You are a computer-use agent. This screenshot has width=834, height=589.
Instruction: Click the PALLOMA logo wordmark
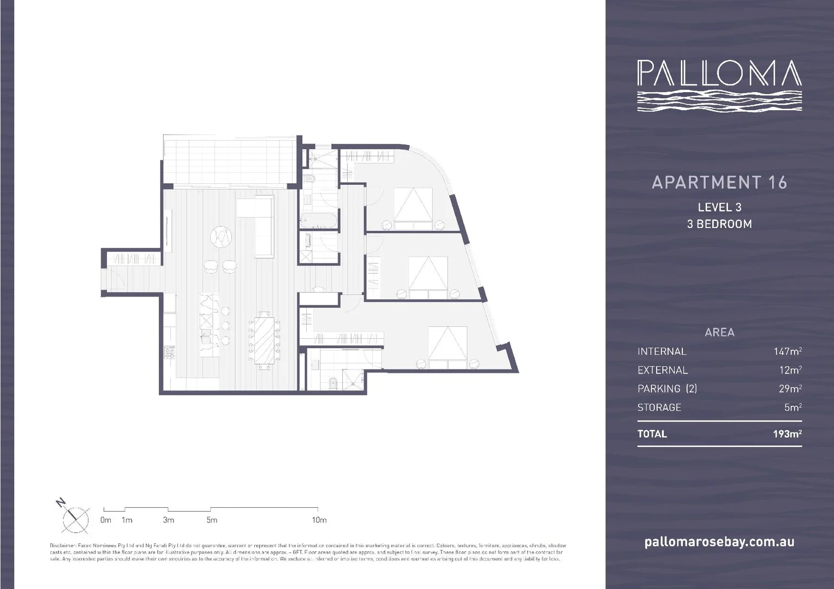719,74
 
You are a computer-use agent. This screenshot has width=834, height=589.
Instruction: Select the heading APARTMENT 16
719,182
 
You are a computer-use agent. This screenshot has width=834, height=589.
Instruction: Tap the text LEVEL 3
719,207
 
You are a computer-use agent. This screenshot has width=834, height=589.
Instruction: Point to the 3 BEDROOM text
719,224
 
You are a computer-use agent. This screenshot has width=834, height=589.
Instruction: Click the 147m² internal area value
787,351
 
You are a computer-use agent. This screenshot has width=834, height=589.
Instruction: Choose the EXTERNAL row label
662,370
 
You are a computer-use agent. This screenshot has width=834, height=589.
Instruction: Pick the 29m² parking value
790,389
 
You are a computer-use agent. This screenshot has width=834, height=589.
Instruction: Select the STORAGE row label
659,407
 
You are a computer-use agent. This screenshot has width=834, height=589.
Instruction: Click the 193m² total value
787,434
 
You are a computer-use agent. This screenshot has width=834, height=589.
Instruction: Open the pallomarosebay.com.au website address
719,542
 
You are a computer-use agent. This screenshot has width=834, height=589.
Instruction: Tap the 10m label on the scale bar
319,520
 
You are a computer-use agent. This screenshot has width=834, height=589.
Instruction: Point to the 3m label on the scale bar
168,520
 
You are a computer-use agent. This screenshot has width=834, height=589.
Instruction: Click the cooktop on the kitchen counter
169,352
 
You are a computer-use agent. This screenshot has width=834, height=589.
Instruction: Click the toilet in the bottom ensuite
332,382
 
